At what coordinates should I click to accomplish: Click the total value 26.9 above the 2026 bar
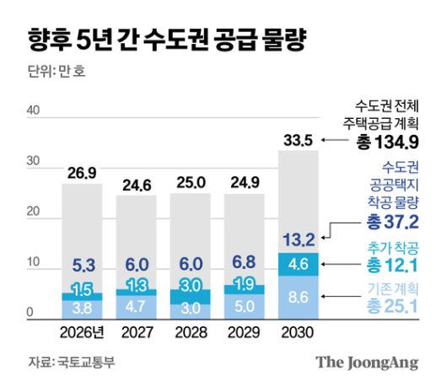pos(83,173)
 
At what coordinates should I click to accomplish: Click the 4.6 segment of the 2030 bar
pos(299,264)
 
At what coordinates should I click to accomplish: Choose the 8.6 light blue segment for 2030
pos(299,298)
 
